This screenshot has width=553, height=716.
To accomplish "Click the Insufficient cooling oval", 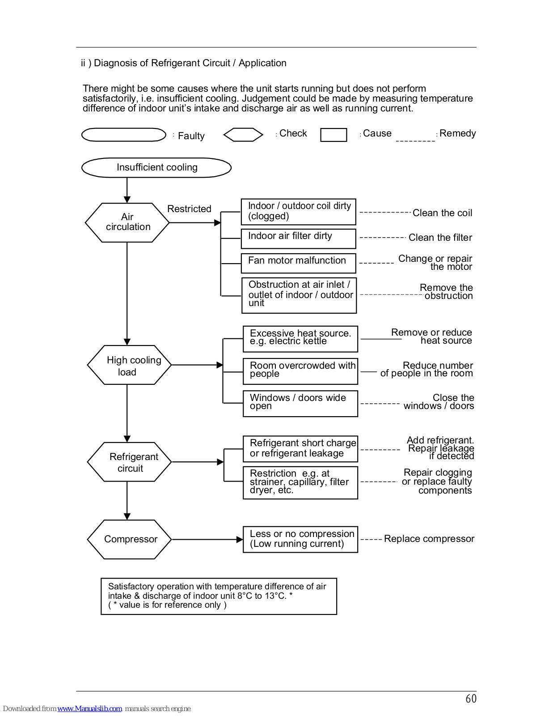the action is pos(156,168).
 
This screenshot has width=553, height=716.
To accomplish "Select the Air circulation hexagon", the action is pos(127,223).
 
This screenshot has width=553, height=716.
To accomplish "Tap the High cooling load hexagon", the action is pos(129,365).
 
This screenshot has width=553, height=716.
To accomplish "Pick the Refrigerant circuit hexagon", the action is pos(129,462).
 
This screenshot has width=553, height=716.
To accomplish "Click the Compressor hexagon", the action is pos(129,539).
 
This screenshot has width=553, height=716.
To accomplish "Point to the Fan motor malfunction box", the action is pos(299,263).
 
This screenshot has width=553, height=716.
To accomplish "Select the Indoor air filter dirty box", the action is pos(299,239).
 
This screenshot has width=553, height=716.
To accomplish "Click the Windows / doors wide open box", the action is pos(300,404).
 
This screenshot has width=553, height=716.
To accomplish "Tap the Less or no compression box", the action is pos(300,539).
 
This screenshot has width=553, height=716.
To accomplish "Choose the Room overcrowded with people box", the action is pos(300,371).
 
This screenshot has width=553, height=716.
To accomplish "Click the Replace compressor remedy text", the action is pos(429,539).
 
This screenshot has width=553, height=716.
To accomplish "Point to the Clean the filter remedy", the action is pos(440,237).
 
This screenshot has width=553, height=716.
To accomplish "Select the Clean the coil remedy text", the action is pos(443,213).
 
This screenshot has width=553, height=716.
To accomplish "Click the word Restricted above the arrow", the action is pos(189,209).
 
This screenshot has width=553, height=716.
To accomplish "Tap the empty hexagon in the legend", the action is pos(243,135).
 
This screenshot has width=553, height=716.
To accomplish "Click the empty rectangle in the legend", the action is pos(333,135).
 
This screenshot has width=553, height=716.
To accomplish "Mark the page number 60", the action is pos(471,699).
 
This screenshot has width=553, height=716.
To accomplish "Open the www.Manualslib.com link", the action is pos(89,708).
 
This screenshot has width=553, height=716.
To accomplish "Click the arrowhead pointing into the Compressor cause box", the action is pos(240,539).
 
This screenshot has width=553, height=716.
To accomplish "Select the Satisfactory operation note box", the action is pos(219,597).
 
